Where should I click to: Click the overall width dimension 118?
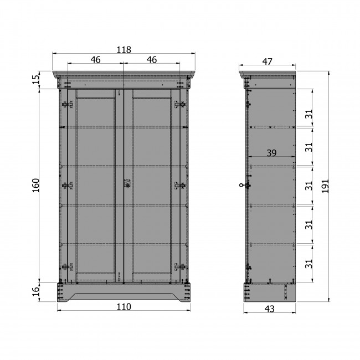click(x=124, y=49)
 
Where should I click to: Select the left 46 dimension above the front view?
click(x=95, y=59)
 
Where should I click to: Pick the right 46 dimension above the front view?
click(x=151, y=59)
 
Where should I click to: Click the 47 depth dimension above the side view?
click(x=267, y=61)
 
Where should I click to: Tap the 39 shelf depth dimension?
click(x=271, y=153)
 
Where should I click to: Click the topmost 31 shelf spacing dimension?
click(x=310, y=114)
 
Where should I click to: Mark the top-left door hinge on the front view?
click(x=68, y=105)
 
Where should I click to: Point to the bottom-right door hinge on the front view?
click(x=179, y=267)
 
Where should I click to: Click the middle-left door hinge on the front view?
click(x=68, y=186)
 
